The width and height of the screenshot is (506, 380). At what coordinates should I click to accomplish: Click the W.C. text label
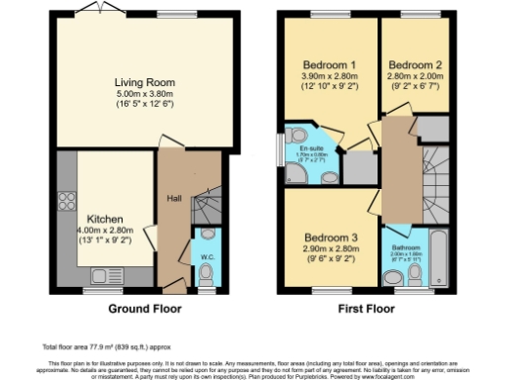point(207,256)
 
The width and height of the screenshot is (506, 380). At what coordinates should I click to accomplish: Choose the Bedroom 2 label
point(415,64)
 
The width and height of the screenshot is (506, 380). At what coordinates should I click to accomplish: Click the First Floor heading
point(367,308)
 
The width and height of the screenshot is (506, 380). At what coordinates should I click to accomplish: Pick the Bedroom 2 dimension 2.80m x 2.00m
point(415,76)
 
